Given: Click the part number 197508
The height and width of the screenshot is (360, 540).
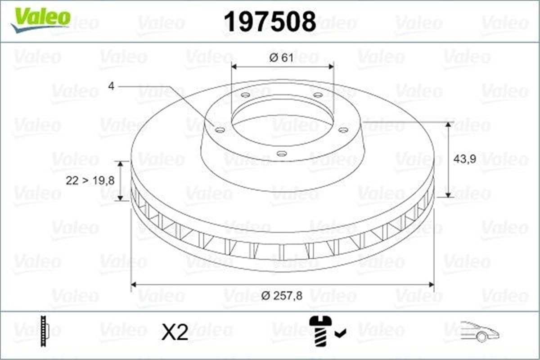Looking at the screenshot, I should coord(270,21).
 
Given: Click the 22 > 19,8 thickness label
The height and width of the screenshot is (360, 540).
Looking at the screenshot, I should coord(90,180).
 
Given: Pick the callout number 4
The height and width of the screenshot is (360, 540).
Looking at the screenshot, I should coord(111,85).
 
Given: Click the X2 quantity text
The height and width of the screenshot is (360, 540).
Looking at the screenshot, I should coord(175,333).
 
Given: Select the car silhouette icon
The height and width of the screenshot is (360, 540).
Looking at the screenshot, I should coord(480,332).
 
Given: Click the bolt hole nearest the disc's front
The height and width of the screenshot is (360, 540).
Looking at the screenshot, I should coord(282,154).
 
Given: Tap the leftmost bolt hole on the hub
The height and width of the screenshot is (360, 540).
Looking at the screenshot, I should coord(220,130).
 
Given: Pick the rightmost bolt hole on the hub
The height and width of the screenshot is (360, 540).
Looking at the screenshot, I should coord(343,130).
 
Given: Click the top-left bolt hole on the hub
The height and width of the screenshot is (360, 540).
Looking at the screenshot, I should coord(245,95).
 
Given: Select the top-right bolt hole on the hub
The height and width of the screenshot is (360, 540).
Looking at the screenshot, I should coord(317,95).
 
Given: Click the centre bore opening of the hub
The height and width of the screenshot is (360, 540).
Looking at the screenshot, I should coord(282,121).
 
